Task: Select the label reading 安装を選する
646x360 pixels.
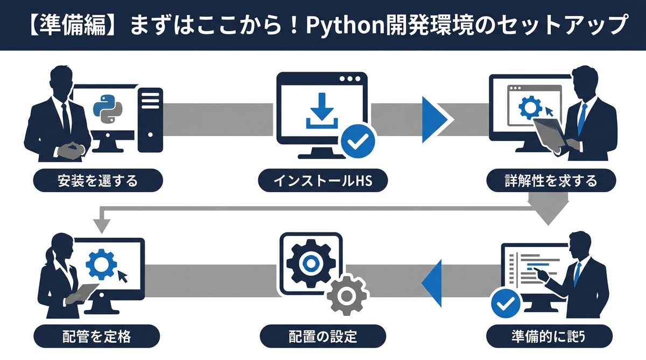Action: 97,181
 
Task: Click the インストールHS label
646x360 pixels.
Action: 323,181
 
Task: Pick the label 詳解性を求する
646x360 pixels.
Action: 551,181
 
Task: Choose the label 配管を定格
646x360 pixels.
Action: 97,337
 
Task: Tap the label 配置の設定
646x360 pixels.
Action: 323,337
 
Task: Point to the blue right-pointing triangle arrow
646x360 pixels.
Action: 434,119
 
